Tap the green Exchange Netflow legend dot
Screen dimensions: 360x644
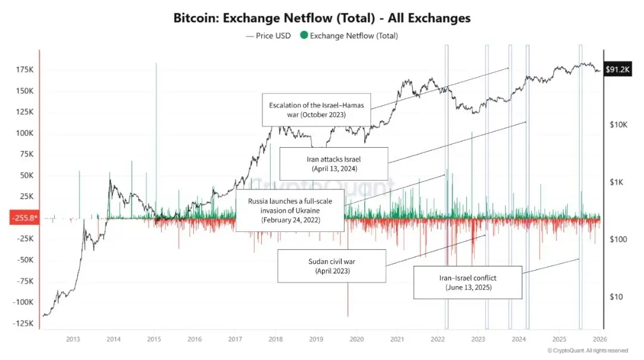point(304,36)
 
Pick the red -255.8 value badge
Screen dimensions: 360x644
point(24,218)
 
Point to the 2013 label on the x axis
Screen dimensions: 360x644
point(73,339)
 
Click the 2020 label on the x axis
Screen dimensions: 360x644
point(356,339)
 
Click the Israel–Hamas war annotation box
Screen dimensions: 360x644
point(316,110)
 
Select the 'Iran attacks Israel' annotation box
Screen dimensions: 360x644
point(333,164)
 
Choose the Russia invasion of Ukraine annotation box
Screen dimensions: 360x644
point(290,211)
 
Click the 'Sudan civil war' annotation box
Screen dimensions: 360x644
point(332,266)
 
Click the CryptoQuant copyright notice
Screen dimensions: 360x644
point(587,350)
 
